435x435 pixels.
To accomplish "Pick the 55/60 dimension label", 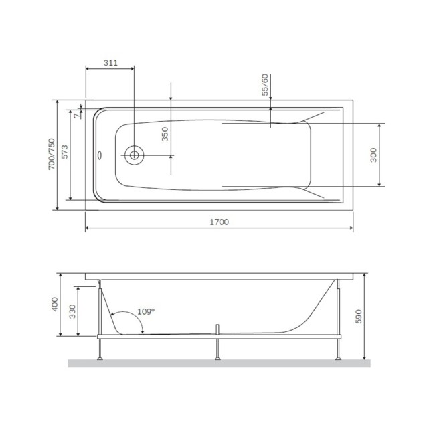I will click(265, 86).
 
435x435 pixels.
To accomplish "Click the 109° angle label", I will click(145, 311).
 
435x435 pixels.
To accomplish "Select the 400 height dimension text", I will click(53, 305).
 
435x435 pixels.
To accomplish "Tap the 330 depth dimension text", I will click(72, 311).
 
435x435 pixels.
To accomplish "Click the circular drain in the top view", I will click(135, 155).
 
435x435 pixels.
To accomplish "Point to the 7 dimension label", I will click(76, 114).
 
